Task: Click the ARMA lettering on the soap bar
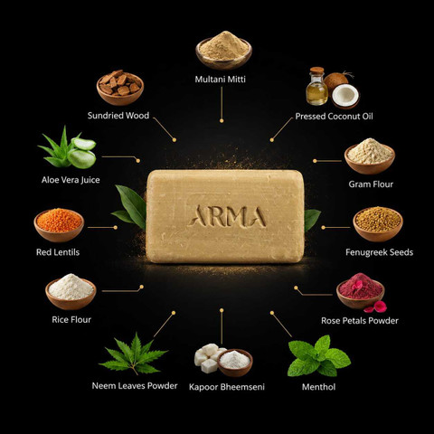point(227,216)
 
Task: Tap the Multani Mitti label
point(221,80)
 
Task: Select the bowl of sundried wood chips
point(120,88)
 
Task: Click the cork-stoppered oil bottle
point(316,86)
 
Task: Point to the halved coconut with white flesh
point(345,96)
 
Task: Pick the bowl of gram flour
point(370,156)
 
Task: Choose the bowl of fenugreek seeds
point(378,224)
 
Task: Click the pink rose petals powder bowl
point(361,291)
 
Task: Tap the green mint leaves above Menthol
point(318,355)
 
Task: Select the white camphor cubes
point(208,357)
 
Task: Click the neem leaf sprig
point(133,354)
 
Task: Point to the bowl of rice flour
point(71,291)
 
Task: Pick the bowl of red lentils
point(59,225)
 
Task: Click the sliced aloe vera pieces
point(82,153)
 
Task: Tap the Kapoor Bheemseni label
point(227,387)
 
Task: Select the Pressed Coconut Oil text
point(334,117)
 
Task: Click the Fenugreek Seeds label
point(379,252)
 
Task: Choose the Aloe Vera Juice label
point(71,180)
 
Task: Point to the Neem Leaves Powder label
point(135,386)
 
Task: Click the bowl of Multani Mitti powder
point(224,51)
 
